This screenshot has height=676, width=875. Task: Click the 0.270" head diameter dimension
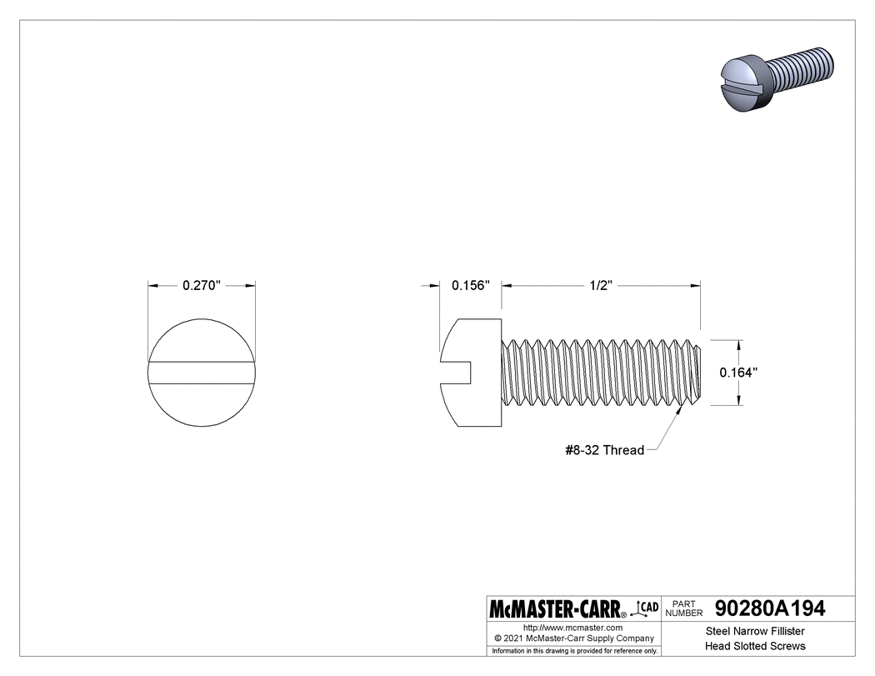[x=201, y=285]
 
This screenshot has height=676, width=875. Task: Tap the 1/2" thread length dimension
[x=600, y=285]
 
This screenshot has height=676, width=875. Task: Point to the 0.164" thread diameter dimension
[x=737, y=373]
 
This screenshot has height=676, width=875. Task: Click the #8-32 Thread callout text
[x=604, y=450]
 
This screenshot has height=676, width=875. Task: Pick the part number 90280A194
[x=770, y=608]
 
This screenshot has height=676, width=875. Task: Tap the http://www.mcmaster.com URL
[x=572, y=627]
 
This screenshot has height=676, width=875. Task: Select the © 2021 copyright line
[x=572, y=638]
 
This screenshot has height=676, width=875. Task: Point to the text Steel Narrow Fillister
[x=755, y=631]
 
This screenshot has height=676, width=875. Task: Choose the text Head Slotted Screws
[x=755, y=646]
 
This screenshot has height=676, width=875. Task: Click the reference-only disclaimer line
[x=574, y=650]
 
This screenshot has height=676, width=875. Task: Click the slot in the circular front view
[x=201, y=373]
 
